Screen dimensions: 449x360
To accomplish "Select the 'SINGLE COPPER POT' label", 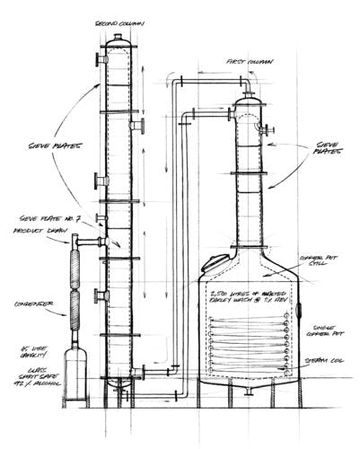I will (x=324, y=333).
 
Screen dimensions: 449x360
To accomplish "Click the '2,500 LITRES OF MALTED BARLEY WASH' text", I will (x=252, y=296).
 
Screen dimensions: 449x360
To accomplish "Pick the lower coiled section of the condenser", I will (x=74, y=314).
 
